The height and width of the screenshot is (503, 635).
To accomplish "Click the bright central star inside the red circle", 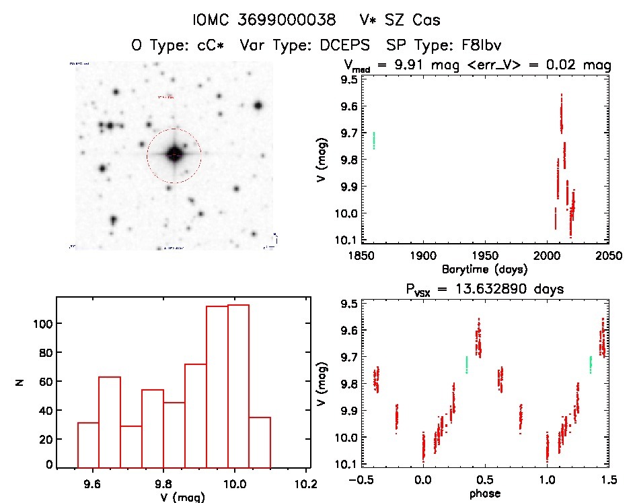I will pos(174,154).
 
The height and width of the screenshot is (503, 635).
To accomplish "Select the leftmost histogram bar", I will pos(88,444).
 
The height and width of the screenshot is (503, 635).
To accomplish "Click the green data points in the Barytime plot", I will pos(374,140).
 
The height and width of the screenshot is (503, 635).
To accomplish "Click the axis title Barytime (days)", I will pos(484,269).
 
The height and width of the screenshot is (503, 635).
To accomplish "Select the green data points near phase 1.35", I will pos(591,364).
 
